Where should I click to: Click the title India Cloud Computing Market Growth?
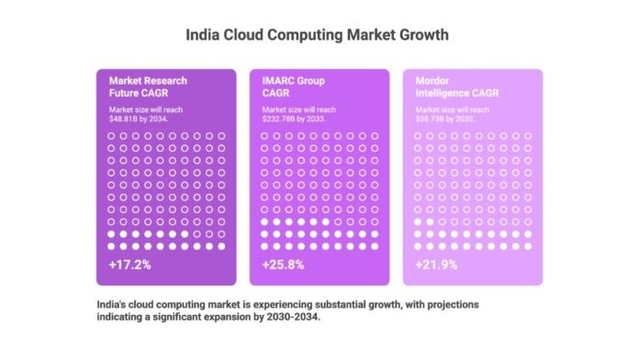pos(319,37)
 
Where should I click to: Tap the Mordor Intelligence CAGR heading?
pos(453,85)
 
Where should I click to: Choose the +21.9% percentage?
pos(433,264)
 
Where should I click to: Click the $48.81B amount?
pos(125,118)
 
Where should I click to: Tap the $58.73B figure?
pos(432,118)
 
